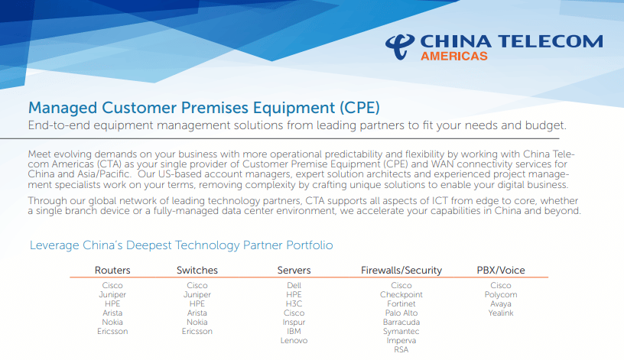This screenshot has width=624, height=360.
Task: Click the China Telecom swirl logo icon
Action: click(399, 47)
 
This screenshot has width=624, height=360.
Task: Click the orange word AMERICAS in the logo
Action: click(454, 56)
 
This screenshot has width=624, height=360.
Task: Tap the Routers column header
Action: click(112, 270)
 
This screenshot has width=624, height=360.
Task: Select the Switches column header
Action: click(197, 270)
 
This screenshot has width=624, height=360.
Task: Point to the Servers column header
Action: click(294, 270)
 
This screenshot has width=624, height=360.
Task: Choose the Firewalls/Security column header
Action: click(401, 271)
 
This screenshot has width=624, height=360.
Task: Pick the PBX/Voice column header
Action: click(501, 270)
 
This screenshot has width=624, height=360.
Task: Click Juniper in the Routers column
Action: click(112, 295)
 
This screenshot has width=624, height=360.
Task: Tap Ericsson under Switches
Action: click(197, 332)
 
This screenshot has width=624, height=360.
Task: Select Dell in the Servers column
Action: click(294, 285)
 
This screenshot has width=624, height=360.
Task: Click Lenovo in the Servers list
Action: click(294, 340)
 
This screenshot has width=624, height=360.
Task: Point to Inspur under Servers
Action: click(294, 323)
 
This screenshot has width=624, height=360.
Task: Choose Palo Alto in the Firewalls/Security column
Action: click(401, 313)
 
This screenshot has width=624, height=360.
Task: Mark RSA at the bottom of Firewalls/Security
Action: click(401, 349)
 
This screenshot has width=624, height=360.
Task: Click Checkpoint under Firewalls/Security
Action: click(401, 295)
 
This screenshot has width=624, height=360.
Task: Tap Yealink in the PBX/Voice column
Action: click(501, 313)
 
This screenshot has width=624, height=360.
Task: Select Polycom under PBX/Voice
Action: click(501, 295)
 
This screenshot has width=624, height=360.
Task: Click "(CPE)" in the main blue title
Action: click(359, 108)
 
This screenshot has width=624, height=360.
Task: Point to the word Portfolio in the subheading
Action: click(310, 245)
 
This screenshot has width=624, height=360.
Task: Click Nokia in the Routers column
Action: click(112, 323)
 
